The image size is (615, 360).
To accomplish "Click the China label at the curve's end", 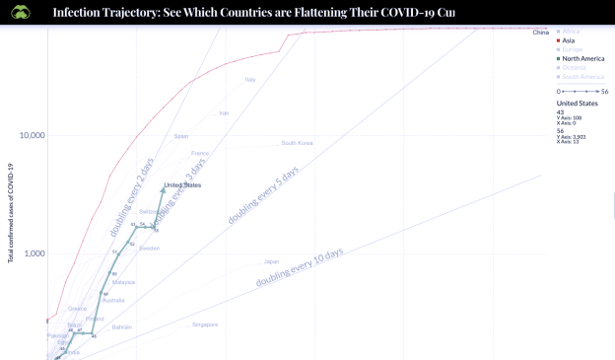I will tap(540, 34).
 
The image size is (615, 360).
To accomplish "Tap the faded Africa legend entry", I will tap(571, 32).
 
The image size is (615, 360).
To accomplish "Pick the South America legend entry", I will tap(582, 76).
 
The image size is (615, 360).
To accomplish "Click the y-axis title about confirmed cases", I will tap(11, 212).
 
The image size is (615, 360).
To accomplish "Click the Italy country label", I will tap(250, 80).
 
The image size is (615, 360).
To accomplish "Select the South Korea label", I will tap(297, 143).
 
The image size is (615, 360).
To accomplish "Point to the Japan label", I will tap(271, 261).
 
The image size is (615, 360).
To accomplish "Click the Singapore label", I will tap(205, 324).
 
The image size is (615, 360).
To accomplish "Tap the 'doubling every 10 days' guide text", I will tap(300, 267).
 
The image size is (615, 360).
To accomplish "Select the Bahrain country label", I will tap(122, 326).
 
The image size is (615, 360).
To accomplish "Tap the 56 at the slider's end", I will tap(603, 91).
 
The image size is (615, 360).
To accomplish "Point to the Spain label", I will tap(181, 136).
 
